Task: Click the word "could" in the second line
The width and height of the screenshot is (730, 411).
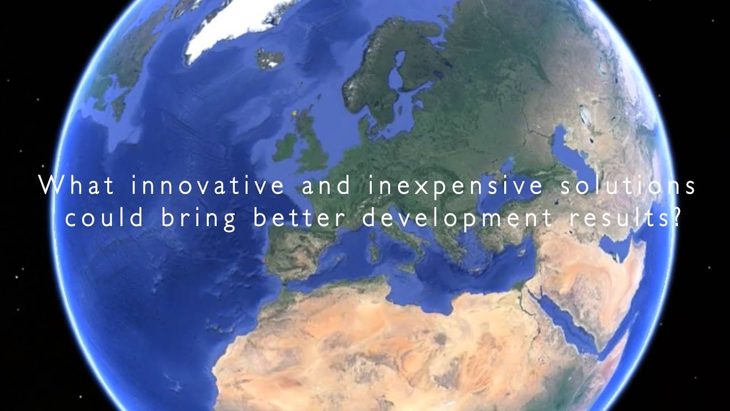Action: coord(103,220)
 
